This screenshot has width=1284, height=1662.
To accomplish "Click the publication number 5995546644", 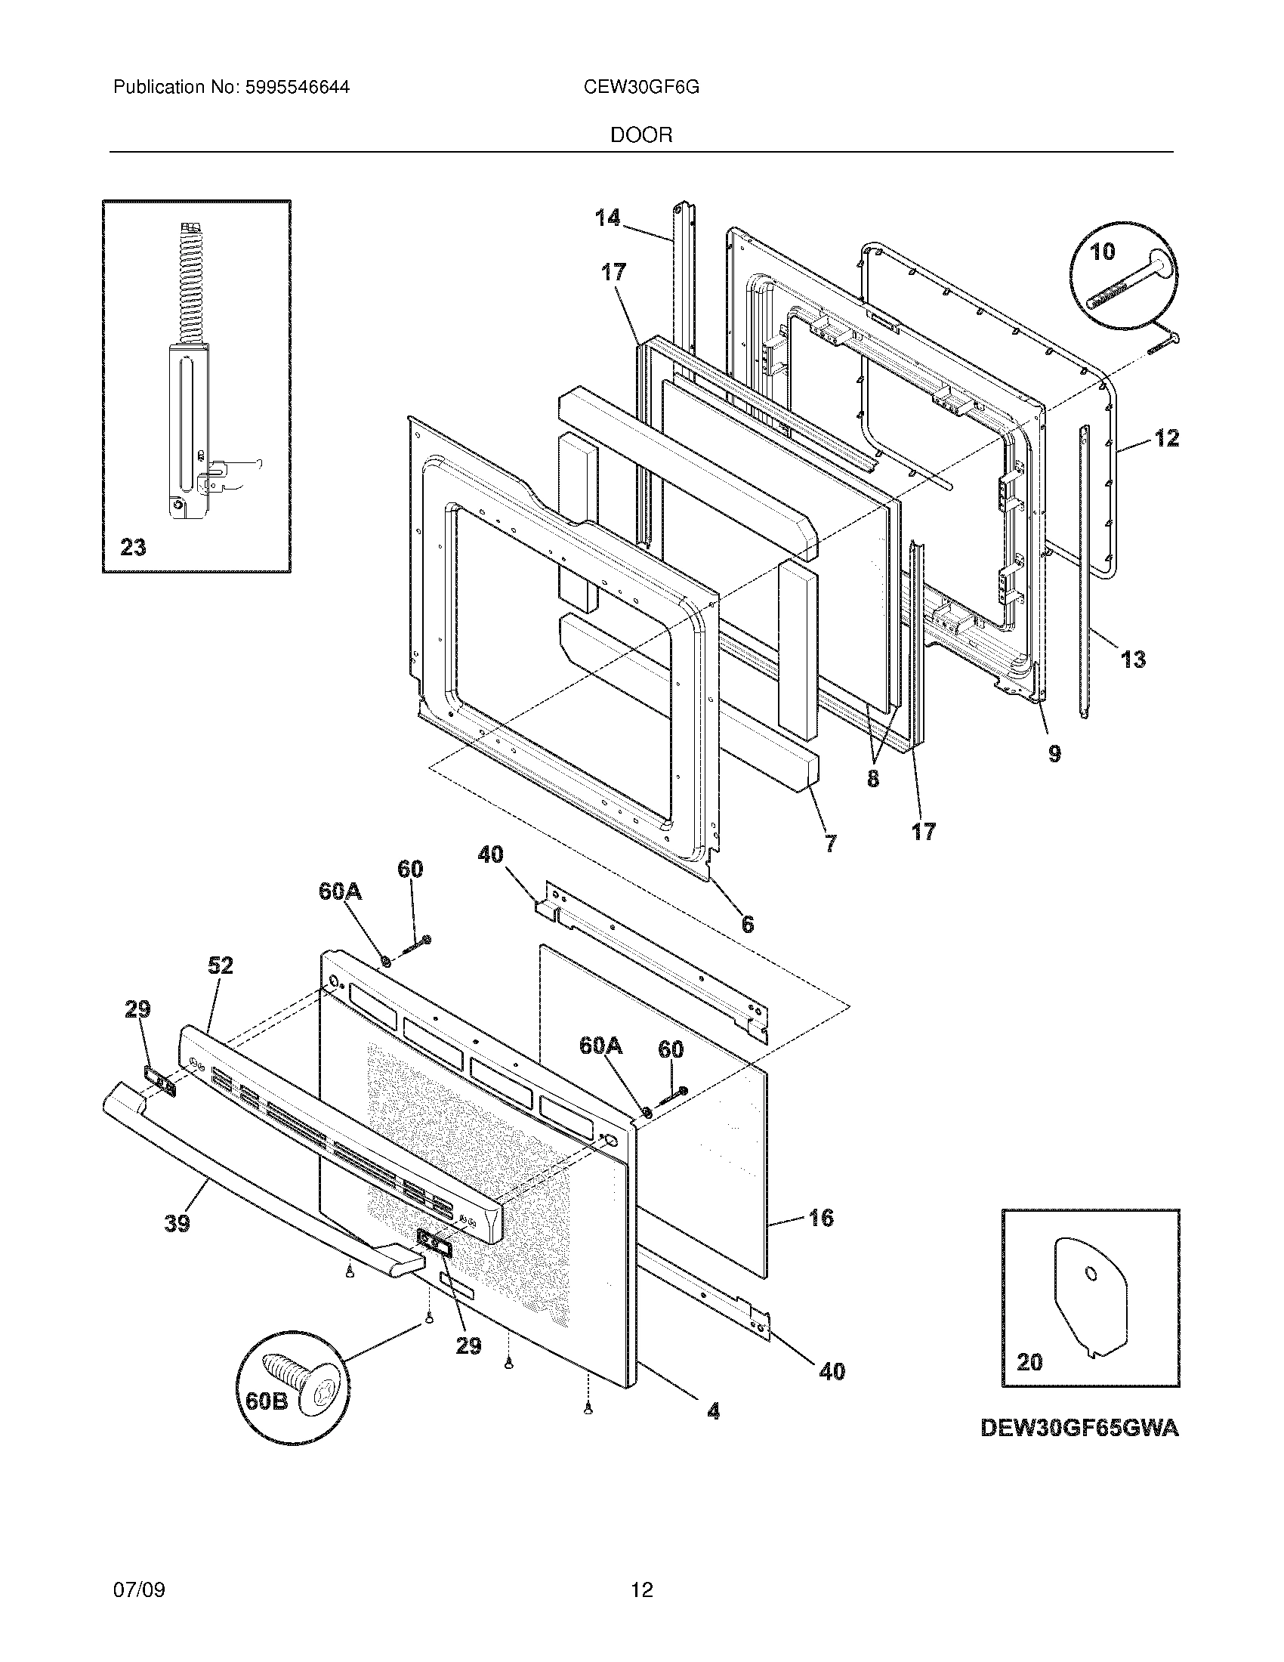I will tap(297, 88).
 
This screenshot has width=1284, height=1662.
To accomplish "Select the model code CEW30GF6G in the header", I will tap(641, 88).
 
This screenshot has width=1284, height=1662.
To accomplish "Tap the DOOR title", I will tap(641, 135).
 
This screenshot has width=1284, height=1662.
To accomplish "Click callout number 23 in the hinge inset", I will tap(133, 546).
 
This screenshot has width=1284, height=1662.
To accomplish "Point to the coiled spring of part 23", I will tap(186, 282).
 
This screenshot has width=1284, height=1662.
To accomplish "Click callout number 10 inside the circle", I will tap(1102, 252).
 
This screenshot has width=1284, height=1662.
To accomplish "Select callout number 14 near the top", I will tap(607, 218).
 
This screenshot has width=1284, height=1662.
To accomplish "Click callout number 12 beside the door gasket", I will tap(1166, 438).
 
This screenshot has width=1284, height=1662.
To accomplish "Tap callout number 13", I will tap(1133, 659).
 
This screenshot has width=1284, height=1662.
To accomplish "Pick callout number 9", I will tap(1054, 753).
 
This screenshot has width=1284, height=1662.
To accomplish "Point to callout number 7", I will tap(830, 842).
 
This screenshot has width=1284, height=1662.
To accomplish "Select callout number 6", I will tap(748, 924).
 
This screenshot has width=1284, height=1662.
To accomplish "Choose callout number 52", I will tap(220, 965).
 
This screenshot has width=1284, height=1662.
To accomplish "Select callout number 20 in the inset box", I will tap(1029, 1361).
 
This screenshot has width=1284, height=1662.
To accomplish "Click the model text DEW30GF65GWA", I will tap(1079, 1429).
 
